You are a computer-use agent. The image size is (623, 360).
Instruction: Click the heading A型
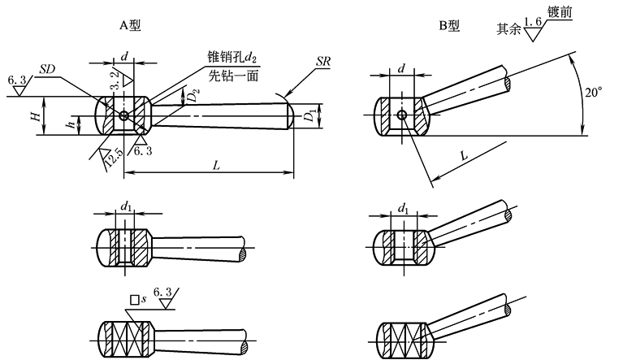129,26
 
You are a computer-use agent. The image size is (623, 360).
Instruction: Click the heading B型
449,26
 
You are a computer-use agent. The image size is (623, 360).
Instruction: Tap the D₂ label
192,96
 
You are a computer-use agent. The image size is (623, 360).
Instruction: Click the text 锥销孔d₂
233,57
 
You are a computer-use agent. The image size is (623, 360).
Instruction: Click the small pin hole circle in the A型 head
123,116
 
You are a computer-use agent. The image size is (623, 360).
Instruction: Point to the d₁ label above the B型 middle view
404,210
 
